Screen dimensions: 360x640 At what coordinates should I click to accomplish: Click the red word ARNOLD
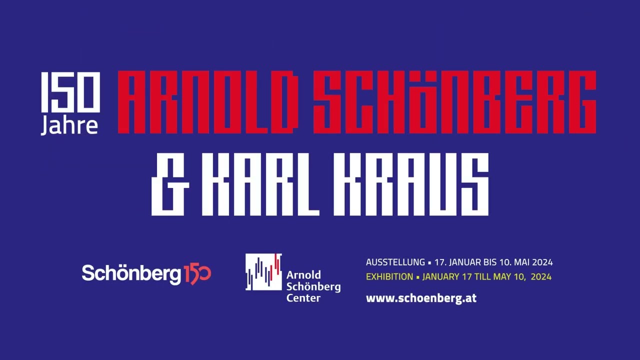205,102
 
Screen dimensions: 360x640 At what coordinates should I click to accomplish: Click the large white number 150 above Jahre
70,92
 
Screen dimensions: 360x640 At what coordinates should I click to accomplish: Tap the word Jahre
69,125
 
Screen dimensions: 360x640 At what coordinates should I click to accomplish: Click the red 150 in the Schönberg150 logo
197,274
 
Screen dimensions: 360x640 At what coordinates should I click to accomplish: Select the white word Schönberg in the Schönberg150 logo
131,273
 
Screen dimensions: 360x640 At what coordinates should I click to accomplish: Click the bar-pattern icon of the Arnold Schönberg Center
263,272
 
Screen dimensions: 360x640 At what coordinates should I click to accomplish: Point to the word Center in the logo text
303,298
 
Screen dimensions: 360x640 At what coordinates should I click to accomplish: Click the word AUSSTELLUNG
395,262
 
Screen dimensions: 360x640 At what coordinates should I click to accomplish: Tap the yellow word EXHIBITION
389,276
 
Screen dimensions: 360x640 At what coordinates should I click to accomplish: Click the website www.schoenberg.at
421,298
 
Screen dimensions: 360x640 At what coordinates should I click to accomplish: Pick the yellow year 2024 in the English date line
541,276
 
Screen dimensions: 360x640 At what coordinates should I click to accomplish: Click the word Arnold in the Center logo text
303,275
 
